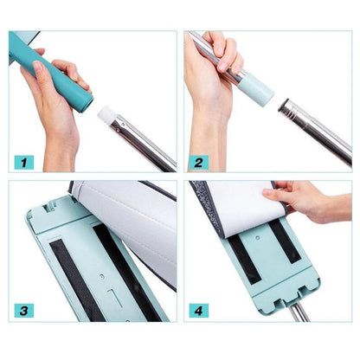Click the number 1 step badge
[x=23, y=161]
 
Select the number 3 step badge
[x=23, y=309]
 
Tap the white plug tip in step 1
[x=106, y=115]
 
